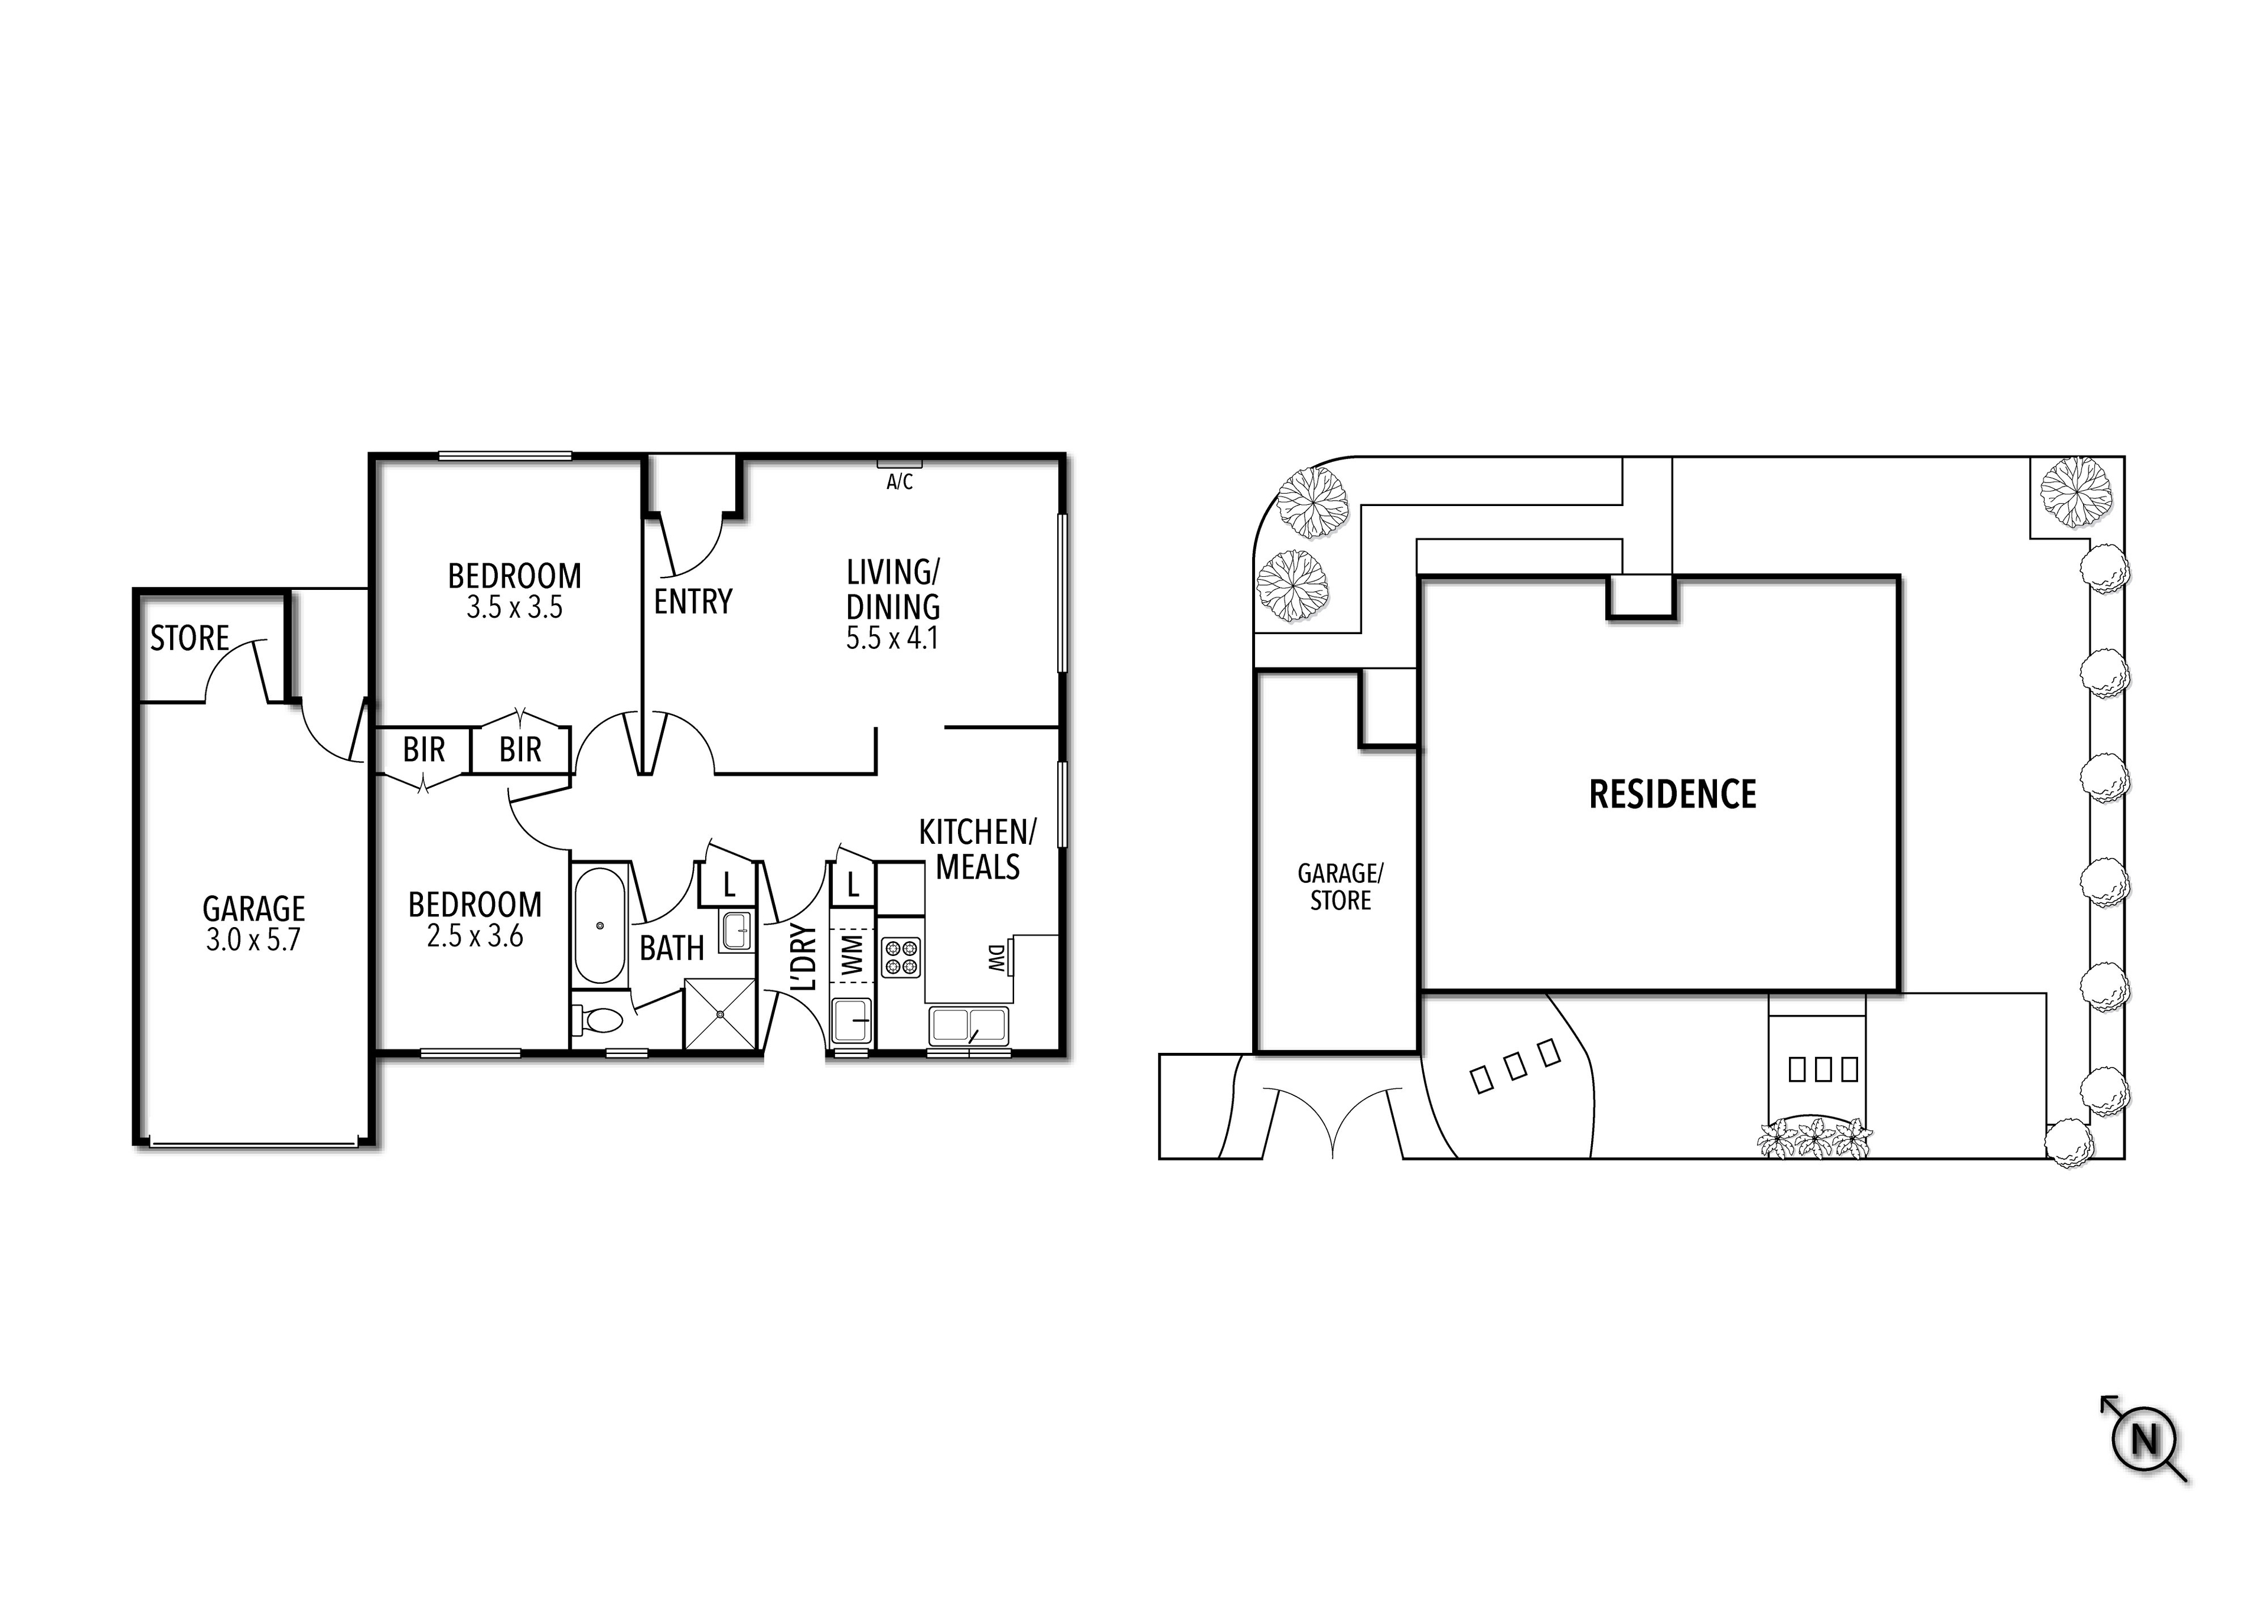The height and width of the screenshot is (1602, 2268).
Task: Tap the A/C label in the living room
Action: [899, 482]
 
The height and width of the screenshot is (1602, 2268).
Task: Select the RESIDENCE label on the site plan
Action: [1672, 794]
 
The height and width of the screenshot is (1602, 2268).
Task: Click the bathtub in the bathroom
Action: [599, 925]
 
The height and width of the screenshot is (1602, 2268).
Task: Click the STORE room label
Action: [190, 638]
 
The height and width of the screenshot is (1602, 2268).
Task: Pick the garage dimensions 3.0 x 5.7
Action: [253, 939]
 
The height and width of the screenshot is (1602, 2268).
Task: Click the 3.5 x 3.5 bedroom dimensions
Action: [514, 608]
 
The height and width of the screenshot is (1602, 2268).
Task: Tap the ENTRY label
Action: [692, 602]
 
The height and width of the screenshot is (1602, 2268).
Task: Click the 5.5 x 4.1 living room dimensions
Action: [892, 638]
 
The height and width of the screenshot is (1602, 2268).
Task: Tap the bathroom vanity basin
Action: [736, 931]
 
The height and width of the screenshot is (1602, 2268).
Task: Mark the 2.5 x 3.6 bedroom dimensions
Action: [475, 935]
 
